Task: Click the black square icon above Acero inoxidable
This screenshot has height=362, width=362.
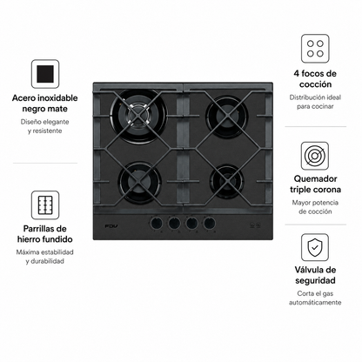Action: click(45, 74)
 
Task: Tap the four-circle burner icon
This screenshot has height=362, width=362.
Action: click(315, 49)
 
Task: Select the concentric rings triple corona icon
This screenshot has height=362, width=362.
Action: click(315, 156)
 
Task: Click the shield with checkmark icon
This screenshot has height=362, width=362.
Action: click(315, 247)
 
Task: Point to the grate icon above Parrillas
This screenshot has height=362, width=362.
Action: click(45, 204)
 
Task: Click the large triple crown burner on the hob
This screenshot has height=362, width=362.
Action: click(139, 117)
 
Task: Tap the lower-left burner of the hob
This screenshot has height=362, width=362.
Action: click(140, 182)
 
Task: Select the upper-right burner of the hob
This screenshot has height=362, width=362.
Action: click(226, 117)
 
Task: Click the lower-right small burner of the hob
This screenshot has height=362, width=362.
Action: click(227, 181)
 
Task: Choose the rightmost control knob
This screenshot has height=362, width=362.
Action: click(210, 223)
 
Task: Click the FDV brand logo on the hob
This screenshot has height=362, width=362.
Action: click(111, 225)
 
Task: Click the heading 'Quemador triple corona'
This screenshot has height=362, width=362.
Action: click(315, 184)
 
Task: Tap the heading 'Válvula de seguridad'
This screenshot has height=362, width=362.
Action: click(315, 275)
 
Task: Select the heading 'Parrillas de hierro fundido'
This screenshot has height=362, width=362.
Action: click(45, 234)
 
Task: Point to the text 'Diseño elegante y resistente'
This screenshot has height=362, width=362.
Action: click(45, 126)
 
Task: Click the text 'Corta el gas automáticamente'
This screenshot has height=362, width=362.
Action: click(315, 298)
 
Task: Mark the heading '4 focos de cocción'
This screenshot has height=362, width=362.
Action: click(315, 79)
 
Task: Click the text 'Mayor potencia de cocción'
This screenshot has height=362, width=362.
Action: click(315, 207)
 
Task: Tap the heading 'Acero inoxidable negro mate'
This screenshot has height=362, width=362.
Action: click(45, 104)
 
